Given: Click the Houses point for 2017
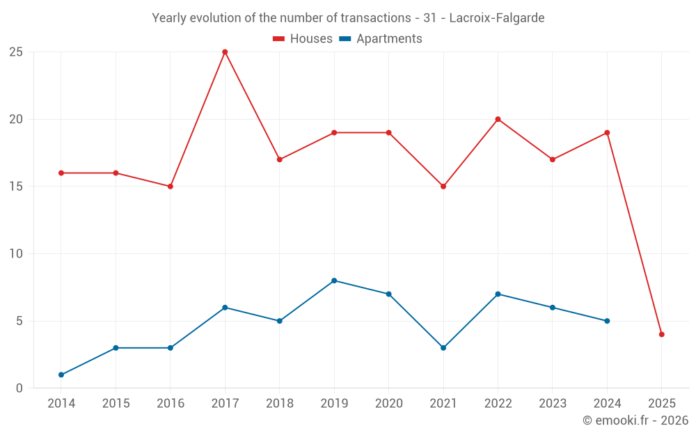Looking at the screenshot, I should (225, 52).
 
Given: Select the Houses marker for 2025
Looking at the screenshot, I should (662, 334).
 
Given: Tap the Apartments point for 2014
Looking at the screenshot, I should (61, 374).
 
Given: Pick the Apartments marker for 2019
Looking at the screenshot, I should (334, 280).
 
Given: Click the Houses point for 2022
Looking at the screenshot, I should (498, 119).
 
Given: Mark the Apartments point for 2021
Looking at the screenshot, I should (443, 347).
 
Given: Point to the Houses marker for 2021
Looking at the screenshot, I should (443, 187).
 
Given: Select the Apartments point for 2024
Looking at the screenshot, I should (607, 321).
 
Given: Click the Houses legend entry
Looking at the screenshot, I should (303, 39).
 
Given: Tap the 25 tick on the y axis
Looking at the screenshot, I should (16, 52).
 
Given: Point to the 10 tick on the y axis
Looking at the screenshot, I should (16, 254).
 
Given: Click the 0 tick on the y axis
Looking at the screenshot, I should (19, 388).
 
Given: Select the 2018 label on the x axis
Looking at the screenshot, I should (280, 404).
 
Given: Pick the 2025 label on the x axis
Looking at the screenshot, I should (662, 404).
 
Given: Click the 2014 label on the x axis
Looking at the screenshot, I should (61, 404).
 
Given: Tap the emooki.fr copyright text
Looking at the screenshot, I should (635, 420).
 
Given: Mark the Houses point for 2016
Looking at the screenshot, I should (171, 187).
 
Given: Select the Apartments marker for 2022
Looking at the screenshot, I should (498, 294).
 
